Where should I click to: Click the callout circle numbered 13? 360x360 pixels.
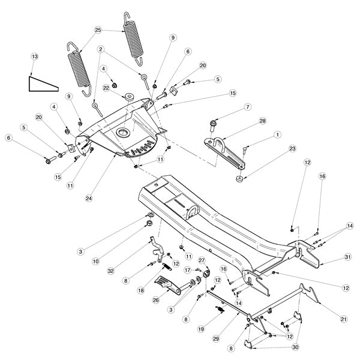[x=34, y=56]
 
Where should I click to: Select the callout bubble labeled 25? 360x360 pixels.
[x=98, y=29]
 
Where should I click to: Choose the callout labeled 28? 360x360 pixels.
[x=262, y=122]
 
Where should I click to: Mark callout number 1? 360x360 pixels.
[x=278, y=136]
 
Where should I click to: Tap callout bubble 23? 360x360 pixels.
[x=275, y=148]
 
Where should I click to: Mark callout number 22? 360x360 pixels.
[x=106, y=88]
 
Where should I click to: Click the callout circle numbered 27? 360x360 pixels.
[x=202, y=261]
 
